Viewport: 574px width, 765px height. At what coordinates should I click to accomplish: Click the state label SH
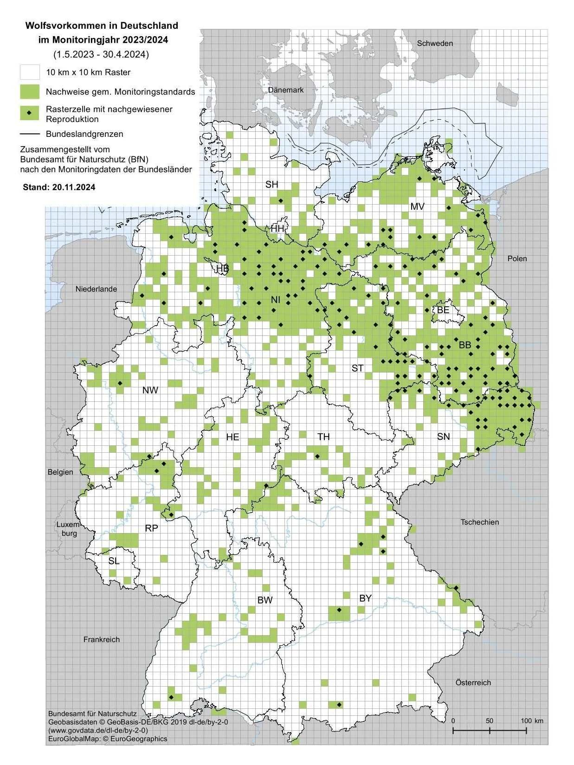click(x=271, y=184)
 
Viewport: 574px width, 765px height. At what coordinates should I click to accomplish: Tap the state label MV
click(x=417, y=206)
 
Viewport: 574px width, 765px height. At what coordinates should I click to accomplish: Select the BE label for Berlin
click(x=443, y=309)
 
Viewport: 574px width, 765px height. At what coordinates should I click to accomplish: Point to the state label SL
click(x=114, y=561)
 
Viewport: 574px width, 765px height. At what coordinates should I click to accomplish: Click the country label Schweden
click(x=435, y=43)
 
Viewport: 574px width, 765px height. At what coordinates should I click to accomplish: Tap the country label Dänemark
click(x=286, y=90)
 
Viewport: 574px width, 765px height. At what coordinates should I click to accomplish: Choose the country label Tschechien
click(x=480, y=522)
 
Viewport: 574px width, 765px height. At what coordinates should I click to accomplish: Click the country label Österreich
click(x=473, y=682)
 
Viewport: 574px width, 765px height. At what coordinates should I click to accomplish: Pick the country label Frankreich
click(x=102, y=639)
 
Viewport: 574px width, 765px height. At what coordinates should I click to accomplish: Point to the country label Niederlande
click(x=96, y=289)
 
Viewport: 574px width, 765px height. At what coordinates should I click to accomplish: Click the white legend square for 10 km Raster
click(x=30, y=72)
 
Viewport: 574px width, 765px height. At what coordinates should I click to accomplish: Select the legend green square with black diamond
click(x=30, y=113)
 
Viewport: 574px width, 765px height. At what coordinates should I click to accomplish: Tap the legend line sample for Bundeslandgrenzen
click(x=30, y=134)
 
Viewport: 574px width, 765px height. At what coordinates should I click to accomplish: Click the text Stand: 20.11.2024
click(x=59, y=187)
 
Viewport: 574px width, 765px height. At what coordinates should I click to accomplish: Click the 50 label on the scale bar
click(x=490, y=720)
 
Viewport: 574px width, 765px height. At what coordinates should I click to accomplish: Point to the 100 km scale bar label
click(x=532, y=720)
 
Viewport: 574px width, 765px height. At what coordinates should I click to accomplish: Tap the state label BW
click(x=265, y=600)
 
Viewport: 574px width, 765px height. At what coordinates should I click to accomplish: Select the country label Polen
click(x=517, y=258)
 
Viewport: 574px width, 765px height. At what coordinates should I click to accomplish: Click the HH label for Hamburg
click(x=277, y=228)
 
